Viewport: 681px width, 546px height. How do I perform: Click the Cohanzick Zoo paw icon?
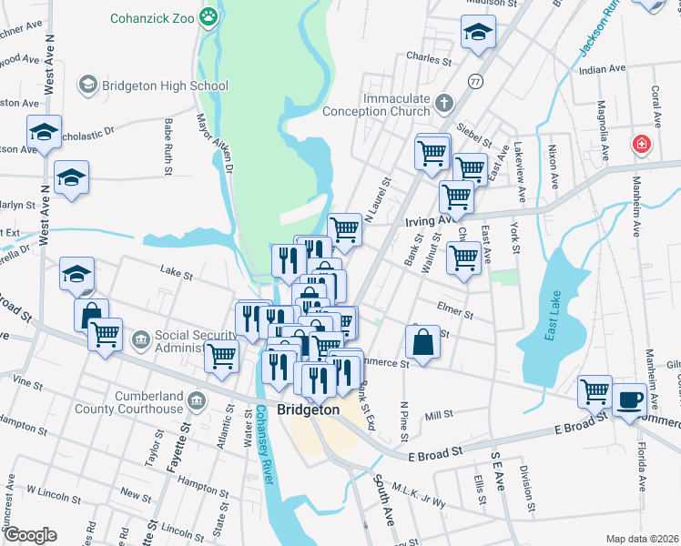pyautogui.click(x=210, y=16)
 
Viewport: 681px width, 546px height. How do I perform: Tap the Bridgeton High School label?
pyautogui.click(x=165, y=86)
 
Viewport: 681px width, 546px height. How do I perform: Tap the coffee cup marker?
pyautogui.click(x=629, y=399)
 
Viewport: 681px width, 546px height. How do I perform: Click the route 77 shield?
pyautogui.click(x=474, y=81)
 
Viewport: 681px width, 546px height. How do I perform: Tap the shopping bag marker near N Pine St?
pyautogui.click(x=425, y=344)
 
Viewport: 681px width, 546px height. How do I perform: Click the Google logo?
pyautogui.click(x=31, y=534)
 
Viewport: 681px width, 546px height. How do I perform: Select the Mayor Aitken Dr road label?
pyautogui.click(x=216, y=145)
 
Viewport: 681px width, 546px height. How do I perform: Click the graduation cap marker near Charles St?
pyautogui.click(x=477, y=33)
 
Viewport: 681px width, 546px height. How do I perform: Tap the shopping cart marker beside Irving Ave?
pyautogui.click(x=344, y=229)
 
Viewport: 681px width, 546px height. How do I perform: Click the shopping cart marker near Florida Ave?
pyautogui.click(x=595, y=391)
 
